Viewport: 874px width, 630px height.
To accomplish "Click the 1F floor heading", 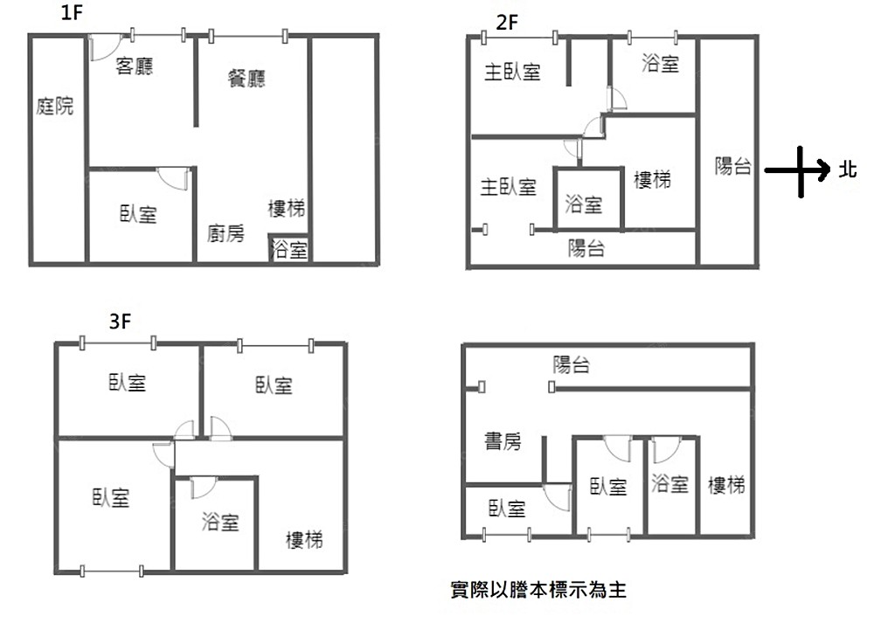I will [73, 13].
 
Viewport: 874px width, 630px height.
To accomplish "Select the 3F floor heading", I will [121, 322].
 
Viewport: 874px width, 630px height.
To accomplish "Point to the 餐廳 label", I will [246, 79].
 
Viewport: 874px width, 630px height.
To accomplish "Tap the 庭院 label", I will [55, 107].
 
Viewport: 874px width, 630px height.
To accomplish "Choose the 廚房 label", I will [225, 233].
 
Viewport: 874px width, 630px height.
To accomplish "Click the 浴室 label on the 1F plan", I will [290, 251].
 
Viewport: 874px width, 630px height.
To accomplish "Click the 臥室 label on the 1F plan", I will [138, 214].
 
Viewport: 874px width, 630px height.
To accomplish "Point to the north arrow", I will [797, 171].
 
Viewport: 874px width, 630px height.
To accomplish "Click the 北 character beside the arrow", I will [847, 170].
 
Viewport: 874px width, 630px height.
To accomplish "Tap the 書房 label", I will [503, 442].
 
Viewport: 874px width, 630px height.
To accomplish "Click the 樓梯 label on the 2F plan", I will [652, 180].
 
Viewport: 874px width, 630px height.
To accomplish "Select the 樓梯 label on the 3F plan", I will [304, 540].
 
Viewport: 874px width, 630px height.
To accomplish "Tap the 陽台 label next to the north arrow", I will [732, 166].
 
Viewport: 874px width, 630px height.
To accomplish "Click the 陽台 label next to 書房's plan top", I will [572, 365].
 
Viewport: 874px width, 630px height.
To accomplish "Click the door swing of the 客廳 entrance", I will [101, 47].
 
